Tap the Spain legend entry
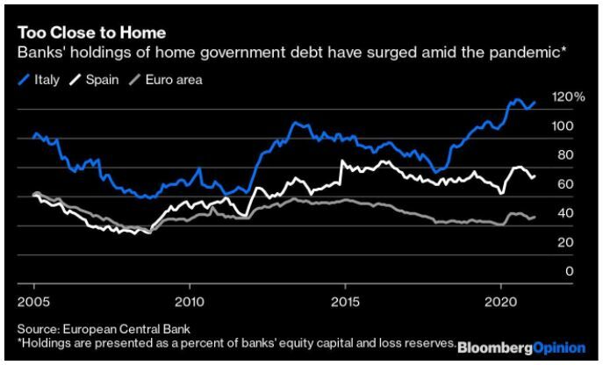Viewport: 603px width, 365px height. click(94, 81)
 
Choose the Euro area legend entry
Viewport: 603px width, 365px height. click(165, 81)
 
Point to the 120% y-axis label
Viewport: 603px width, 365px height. click(568, 97)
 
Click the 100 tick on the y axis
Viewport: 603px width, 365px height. click(563, 126)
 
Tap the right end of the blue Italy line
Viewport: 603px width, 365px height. click(535, 102)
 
